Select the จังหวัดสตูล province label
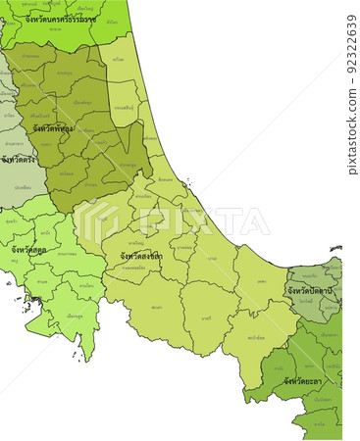pyautogui.click(x=29, y=250)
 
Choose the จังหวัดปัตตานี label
pyautogui.click(x=313, y=291)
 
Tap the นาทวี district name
pyautogui.click(x=205, y=318)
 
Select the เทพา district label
pyautogui.click(x=261, y=280)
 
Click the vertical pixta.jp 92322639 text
pyautogui.click(x=352, y=94)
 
